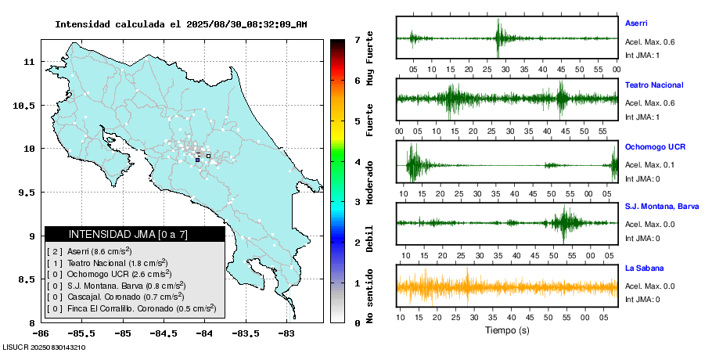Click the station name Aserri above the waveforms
[x=636, y=23]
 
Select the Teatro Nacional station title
[x=654, y=85]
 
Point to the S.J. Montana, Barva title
[x=662, y=206]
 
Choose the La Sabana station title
[x=642, y=268]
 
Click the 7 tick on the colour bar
[x=357, y=39]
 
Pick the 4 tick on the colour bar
[x=357, y=162]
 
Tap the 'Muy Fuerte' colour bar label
[x=370, y=76]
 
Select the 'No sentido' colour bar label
[x=370, y=297]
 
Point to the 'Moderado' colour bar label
[x=370, y=181]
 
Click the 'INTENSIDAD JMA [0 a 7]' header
[x=135, y=234]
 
